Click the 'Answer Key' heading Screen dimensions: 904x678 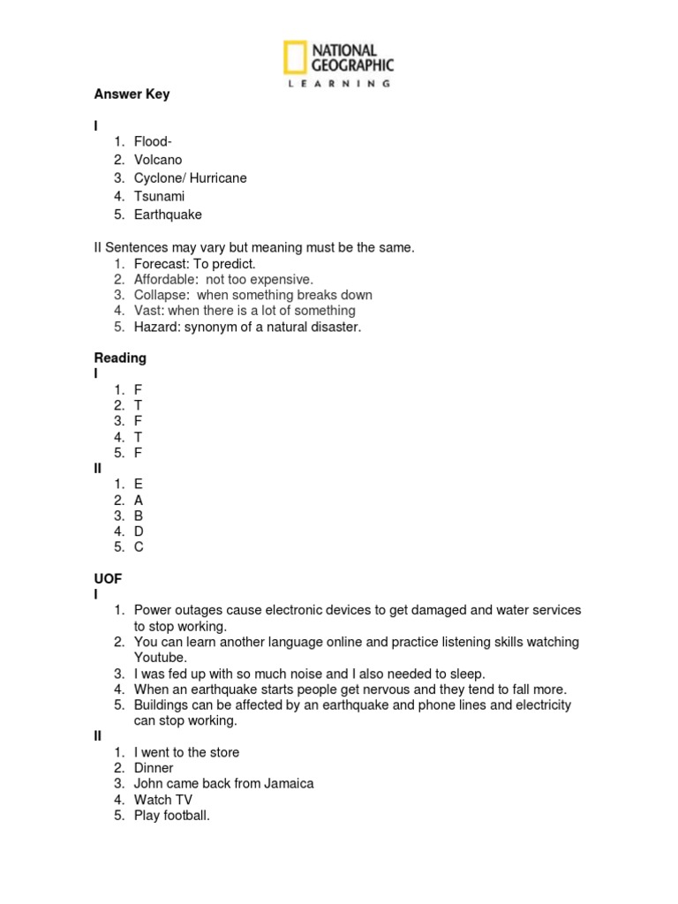pos(132,94)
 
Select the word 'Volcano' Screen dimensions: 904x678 pos(158,160)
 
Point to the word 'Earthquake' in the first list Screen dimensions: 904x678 pos(168,215)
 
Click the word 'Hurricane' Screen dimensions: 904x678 pos(218,178)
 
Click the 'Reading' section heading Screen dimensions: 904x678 pos(120,358)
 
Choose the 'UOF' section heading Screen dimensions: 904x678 pos(108,578)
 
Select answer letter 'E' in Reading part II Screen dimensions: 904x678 pos(139,484)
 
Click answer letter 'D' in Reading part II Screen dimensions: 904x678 pos(139,531)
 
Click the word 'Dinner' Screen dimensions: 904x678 pos(154,768)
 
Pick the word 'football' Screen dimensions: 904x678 pos(185,816)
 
